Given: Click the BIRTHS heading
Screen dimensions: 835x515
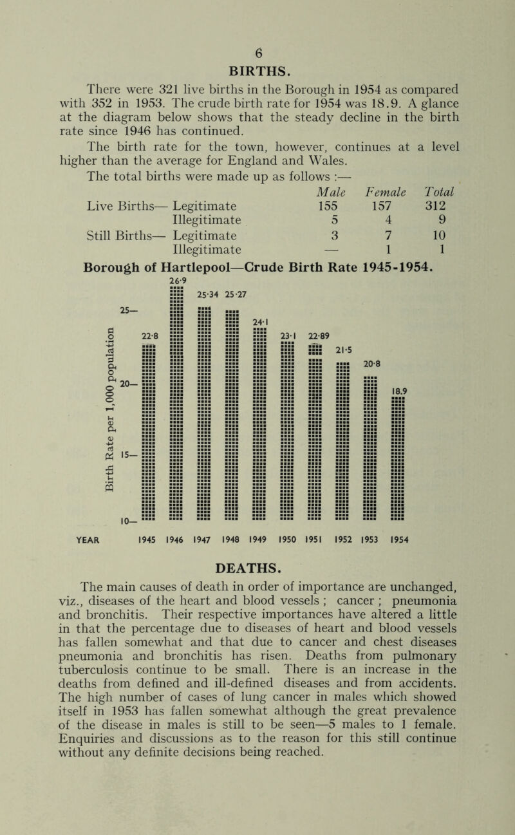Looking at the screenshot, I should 257,65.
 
